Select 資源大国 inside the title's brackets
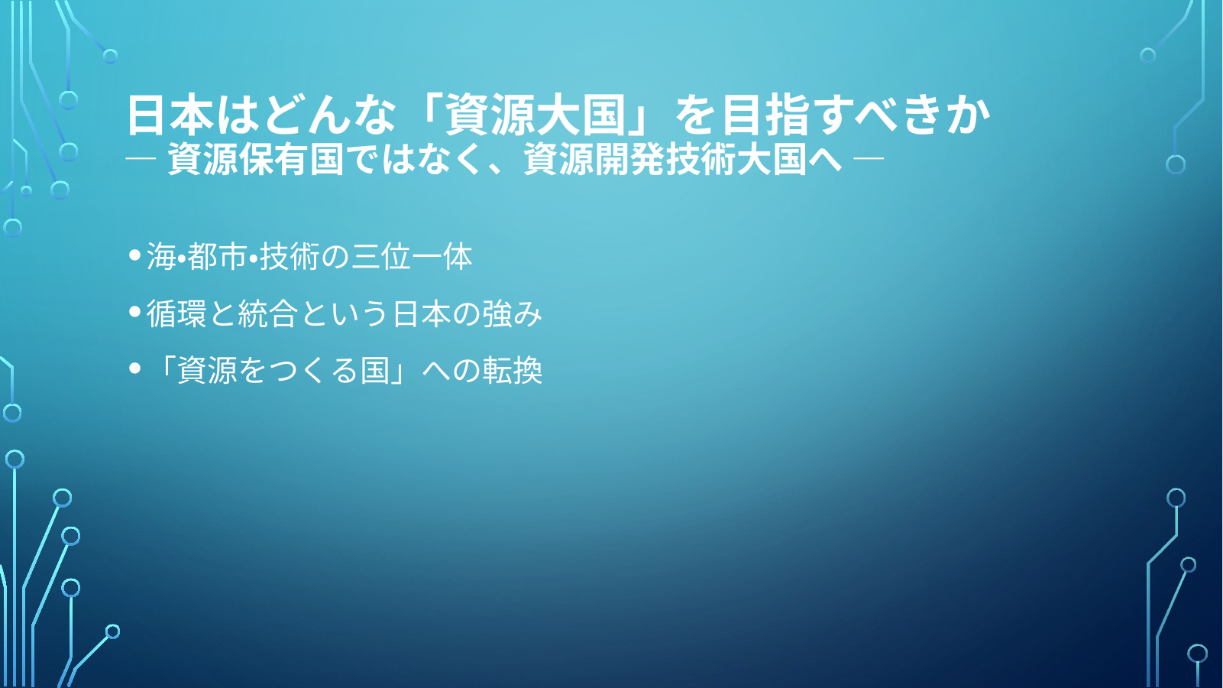click(x=535, y=116)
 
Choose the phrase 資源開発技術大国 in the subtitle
click(x=665, y=159)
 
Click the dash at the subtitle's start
click(x=141, y=159)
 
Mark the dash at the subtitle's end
click(x=868, y=159)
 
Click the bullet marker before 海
click(x=135, y=255)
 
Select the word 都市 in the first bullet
click(x=217, y=256)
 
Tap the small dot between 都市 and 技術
click(x=253, y=256)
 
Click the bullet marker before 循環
click(x=135, y=312)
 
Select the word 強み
click(x=512, y=313)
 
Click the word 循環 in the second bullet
click(x=176, y=313)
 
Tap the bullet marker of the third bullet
click(x=135, y=369)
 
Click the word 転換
click(x=512, y=371)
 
